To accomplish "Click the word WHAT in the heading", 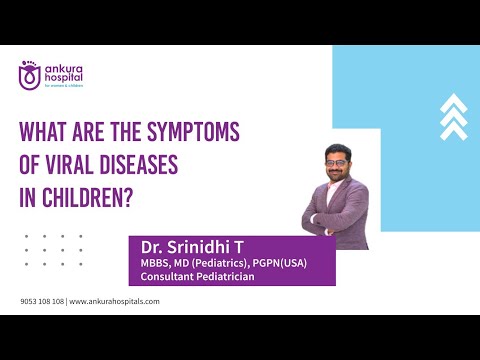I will tap(46, 135).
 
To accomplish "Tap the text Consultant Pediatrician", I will tap(192, 277).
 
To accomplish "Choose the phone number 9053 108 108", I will tap(42, 301).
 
